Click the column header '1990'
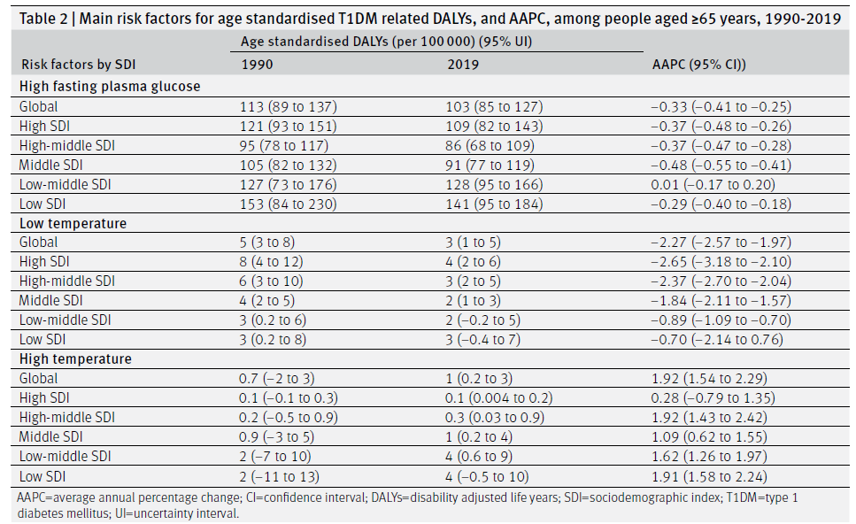click(257, 65)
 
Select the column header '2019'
click(463, 65)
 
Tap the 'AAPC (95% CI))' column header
click(698, 65)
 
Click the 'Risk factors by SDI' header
click(78, 65)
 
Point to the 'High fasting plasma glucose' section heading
click(110, 86)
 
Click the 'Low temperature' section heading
click(73, 223)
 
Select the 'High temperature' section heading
click(75, 358)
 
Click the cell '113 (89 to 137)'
click(289, 106)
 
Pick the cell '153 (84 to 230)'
click(289, 204)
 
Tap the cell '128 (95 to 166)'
click(494, 184)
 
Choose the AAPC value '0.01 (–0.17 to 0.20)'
click(713, 184)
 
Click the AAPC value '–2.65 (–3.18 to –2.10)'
click(721, 261)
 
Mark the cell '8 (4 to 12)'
click(271, 261)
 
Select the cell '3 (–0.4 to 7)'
click(482, 340)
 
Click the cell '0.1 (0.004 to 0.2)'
click(498, 398)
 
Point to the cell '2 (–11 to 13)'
click(279, 476)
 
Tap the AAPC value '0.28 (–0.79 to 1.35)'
click(713, 398)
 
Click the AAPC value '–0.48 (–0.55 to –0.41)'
click(721, 165)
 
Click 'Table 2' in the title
click(43, 19)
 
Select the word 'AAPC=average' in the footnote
click(52, 497)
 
